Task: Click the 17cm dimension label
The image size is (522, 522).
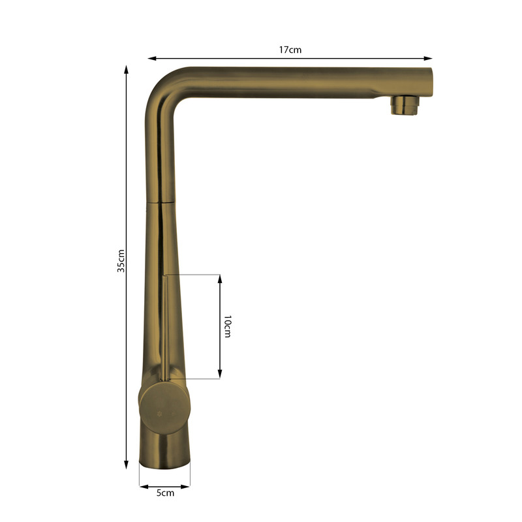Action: pyautogui.click(x=290, y=50)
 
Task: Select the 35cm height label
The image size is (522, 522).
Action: pyautogui.click(x=121, y=261)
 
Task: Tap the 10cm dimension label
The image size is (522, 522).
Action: pyautogui.click(x=227, y=326)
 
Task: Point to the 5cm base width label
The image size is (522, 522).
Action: pyautogui.click(x=165, y=493)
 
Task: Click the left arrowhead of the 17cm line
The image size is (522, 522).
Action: pyautogui.click(x=152, y=59)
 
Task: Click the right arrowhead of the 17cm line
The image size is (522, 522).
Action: pyautogui.click(x=428, y=59)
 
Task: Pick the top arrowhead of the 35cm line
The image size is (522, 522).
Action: pyautogui.click(x=126, y=70)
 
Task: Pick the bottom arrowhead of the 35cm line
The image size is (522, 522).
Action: pyautogui.click(x=126, y=465)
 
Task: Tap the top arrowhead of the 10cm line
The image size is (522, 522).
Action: pyautogui.click(x=220, y=279)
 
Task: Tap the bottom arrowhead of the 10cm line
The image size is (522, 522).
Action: pyautogui.click(x=220, y=374)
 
